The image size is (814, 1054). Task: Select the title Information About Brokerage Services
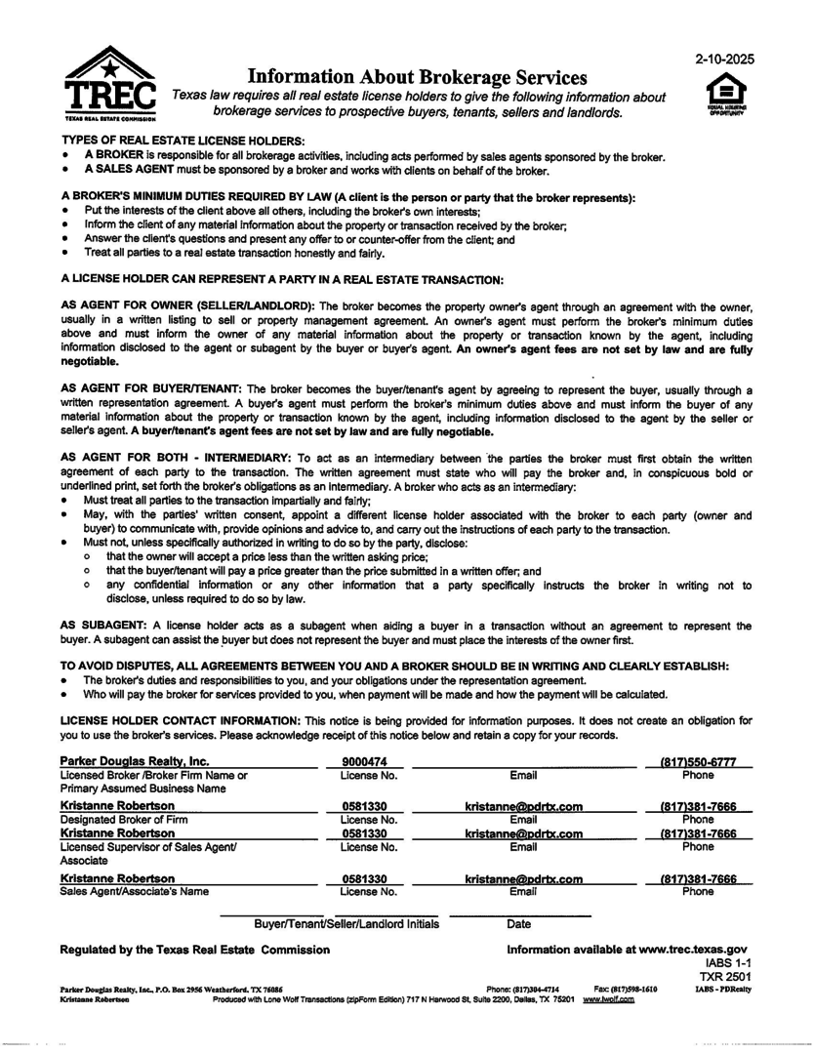tap(418, 76)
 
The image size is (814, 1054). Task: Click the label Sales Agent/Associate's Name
tap(135, 891)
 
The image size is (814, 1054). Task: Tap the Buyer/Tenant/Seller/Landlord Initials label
tap(346, 923)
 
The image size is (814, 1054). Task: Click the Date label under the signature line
tap(519, 923)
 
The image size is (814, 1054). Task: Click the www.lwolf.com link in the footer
tap(608, 998)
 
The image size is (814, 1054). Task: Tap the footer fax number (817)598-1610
tap(625, 989)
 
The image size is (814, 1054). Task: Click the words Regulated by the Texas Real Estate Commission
tap(195, 949)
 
